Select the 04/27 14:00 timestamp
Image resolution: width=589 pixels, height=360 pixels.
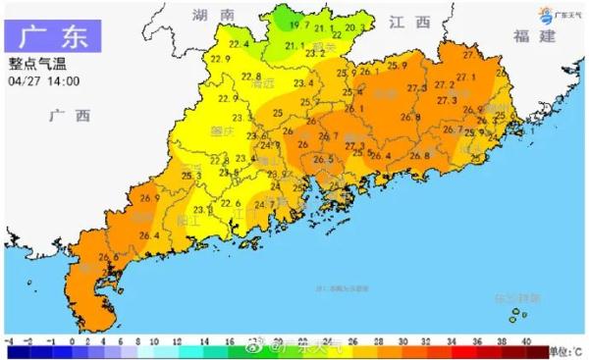pos(44,80)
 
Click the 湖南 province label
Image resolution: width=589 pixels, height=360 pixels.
pos(214,17)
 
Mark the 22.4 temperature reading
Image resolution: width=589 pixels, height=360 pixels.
pos(236,44)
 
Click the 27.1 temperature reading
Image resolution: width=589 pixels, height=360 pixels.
pos(467,77)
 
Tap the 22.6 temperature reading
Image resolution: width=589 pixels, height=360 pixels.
pos(231,203)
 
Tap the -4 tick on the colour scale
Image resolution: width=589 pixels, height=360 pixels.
pos(8,339)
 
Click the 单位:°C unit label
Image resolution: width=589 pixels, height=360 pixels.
pos(564,350)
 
